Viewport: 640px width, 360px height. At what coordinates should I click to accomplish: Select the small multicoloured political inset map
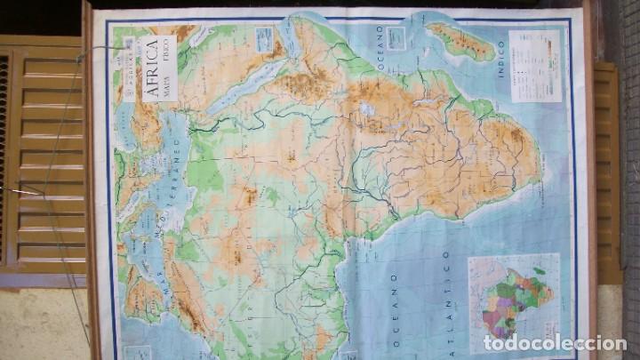point(514,298)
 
